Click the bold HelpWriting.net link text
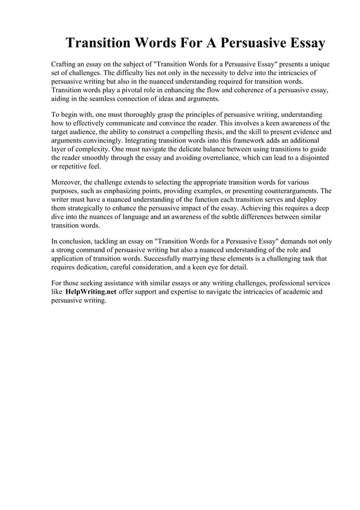(91, 292)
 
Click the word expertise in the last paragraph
(182, 292)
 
